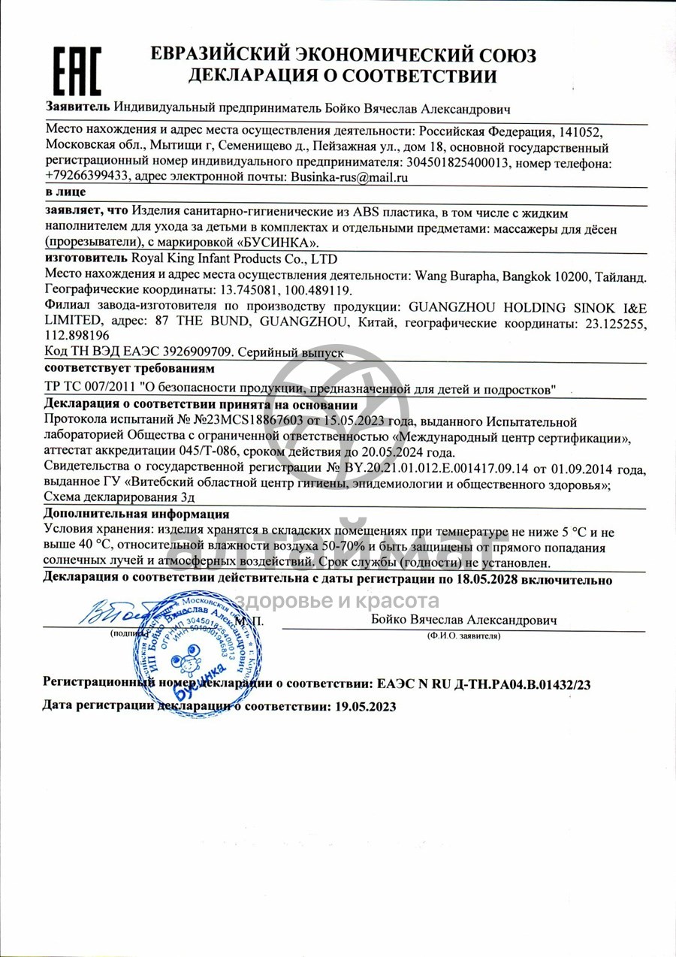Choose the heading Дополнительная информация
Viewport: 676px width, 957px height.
pyautogui.click(x=136, y=515)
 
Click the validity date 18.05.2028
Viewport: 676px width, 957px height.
pyautogui.click(x=496, y=579)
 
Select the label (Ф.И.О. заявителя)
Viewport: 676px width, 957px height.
pyautogui.click(x=463, y=635)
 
